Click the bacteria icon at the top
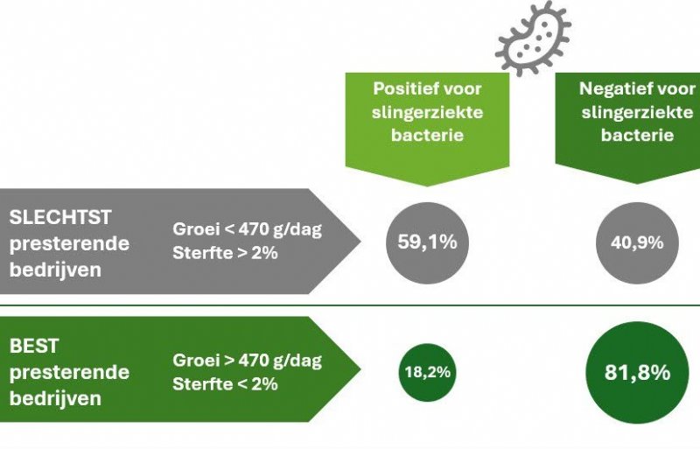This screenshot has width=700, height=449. point(532,36)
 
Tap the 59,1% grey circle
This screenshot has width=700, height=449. point(423,242)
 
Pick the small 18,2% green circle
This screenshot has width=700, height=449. point(427,371)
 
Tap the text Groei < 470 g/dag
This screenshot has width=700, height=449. point(248,232)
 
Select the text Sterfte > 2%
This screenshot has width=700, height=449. point(225,255)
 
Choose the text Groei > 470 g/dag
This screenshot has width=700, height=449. point(248,361)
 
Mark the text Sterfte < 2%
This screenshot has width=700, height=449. point(225,383)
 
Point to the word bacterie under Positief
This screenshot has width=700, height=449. point(428,136)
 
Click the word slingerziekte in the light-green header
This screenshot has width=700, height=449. point(428,112)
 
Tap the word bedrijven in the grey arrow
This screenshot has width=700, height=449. point(54,270)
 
